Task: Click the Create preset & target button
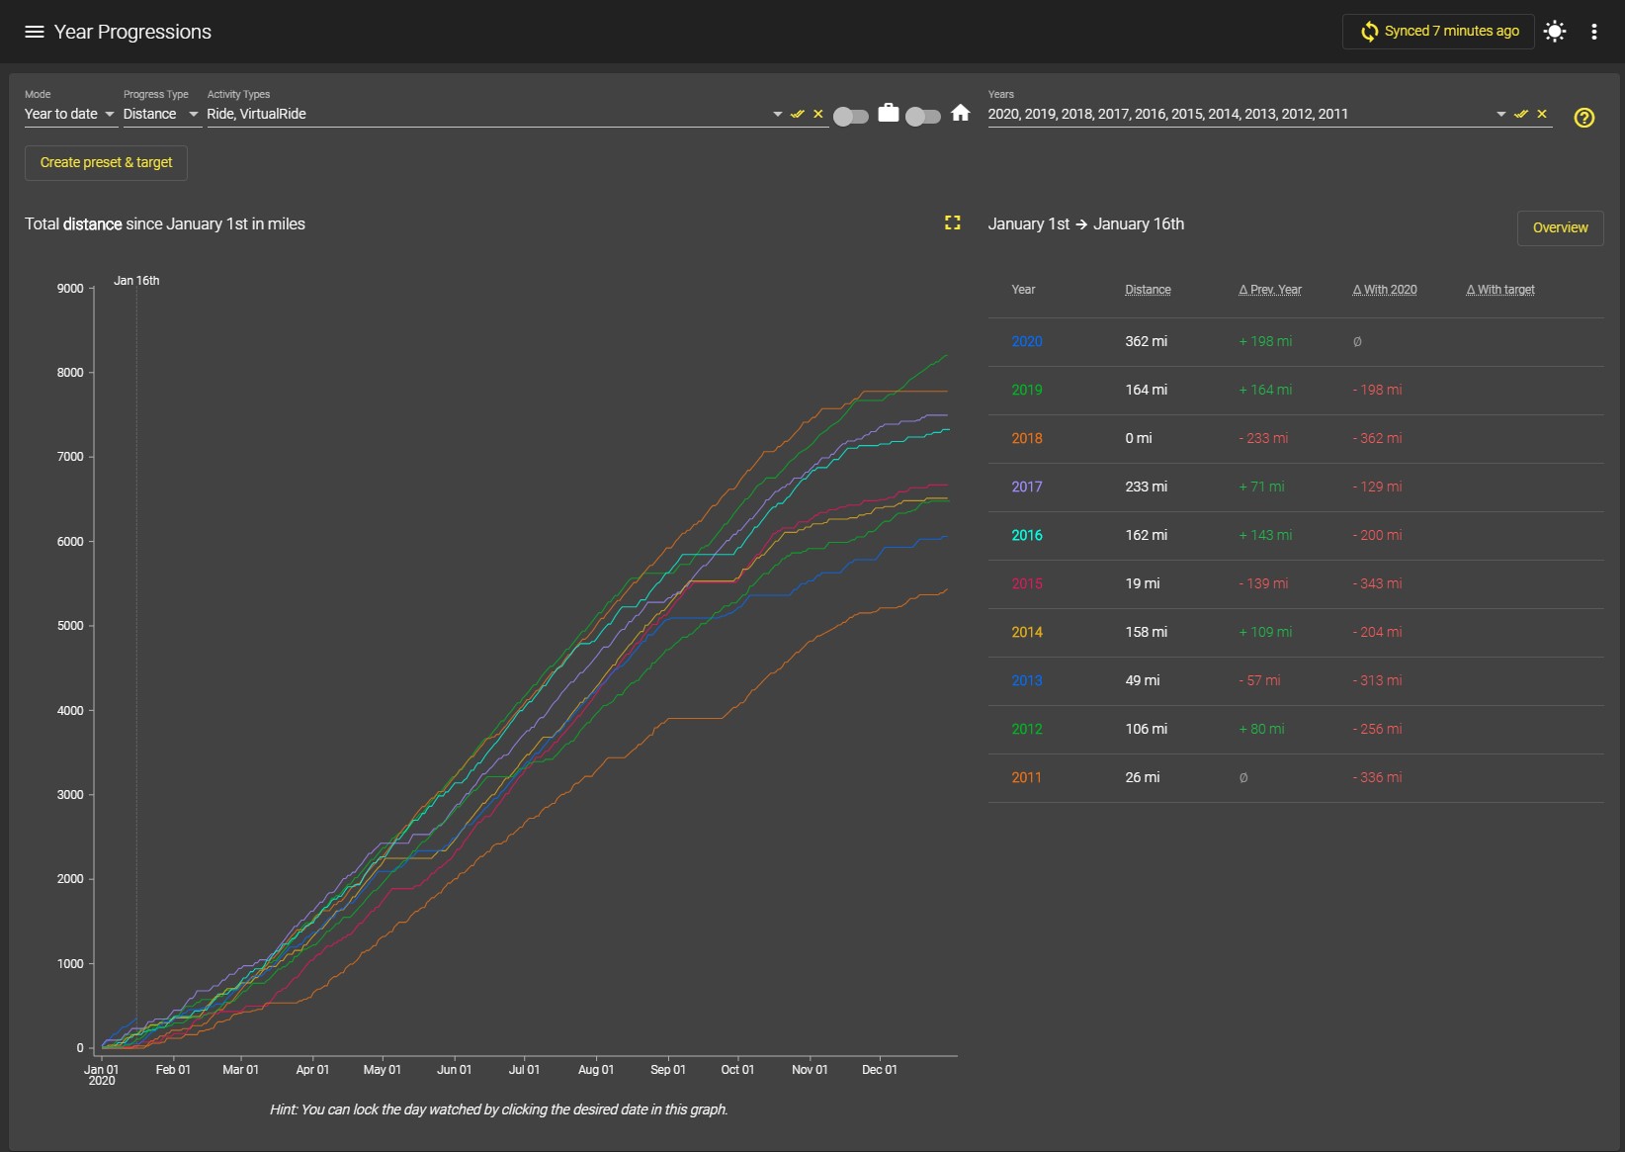click(x=106, y=162)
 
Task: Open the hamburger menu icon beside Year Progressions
click(x=34, y=32)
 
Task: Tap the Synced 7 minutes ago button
click(x=1438, y=32)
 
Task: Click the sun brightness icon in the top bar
click(x=1555, y=32)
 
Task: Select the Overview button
click(x=1560, y=228)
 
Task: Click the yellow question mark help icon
click(x=1584, y=117)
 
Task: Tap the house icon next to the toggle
click(x=961, y=114)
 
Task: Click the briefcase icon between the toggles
click(x=888, y=114)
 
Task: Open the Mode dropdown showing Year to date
click(x=69, y=114)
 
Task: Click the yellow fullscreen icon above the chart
click(x=953, y=222)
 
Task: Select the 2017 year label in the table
click(x=1027, y=487)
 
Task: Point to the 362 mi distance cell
click(x=1147, y=341)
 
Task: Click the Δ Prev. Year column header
click(x=1269, y=290)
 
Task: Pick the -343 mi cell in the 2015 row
click(x=1377, y=583)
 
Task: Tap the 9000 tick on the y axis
click(x=70, y=288)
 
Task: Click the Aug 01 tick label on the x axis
click(x=596, y=1069)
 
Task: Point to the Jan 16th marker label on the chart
click(x=136, y=280)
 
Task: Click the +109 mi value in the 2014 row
click(x=1265, y=632)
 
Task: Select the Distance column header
click(x=1148, y=290)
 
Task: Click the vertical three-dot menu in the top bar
click(x=1593, y=32)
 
